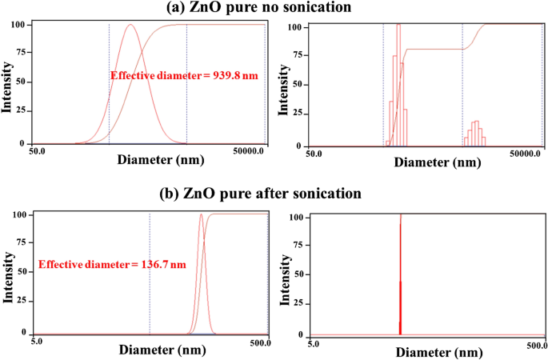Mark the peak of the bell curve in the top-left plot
coord(131,25)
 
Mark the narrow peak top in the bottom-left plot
coord(201,214)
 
